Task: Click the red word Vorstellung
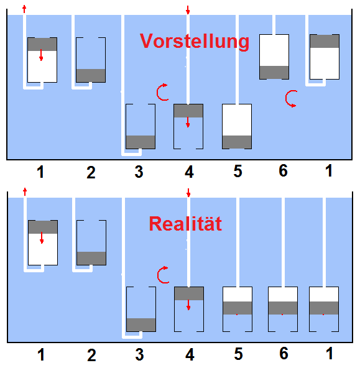[195, 42]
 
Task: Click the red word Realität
[185, 224]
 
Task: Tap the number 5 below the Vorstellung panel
[238, 171]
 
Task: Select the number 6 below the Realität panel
[284, 354]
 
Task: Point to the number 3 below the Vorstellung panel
[139, 172]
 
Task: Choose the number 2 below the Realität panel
[91, 355]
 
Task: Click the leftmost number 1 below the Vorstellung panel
[40, 172]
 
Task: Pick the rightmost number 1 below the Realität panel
[330, 354]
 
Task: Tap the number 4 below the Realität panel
[190, 354]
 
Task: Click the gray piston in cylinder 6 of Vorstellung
[274, 72]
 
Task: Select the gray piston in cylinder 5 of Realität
[238, 308]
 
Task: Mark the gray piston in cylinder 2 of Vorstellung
[91, 76]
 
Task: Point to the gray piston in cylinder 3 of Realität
[141, 325]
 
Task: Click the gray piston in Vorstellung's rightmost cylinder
[325, 41]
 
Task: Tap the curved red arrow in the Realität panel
[163, 275]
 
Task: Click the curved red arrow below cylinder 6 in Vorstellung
[291, 99]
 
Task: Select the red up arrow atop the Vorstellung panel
[24, 9]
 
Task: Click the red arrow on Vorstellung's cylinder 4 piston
[188, 122]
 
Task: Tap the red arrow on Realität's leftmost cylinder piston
[42, 237]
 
